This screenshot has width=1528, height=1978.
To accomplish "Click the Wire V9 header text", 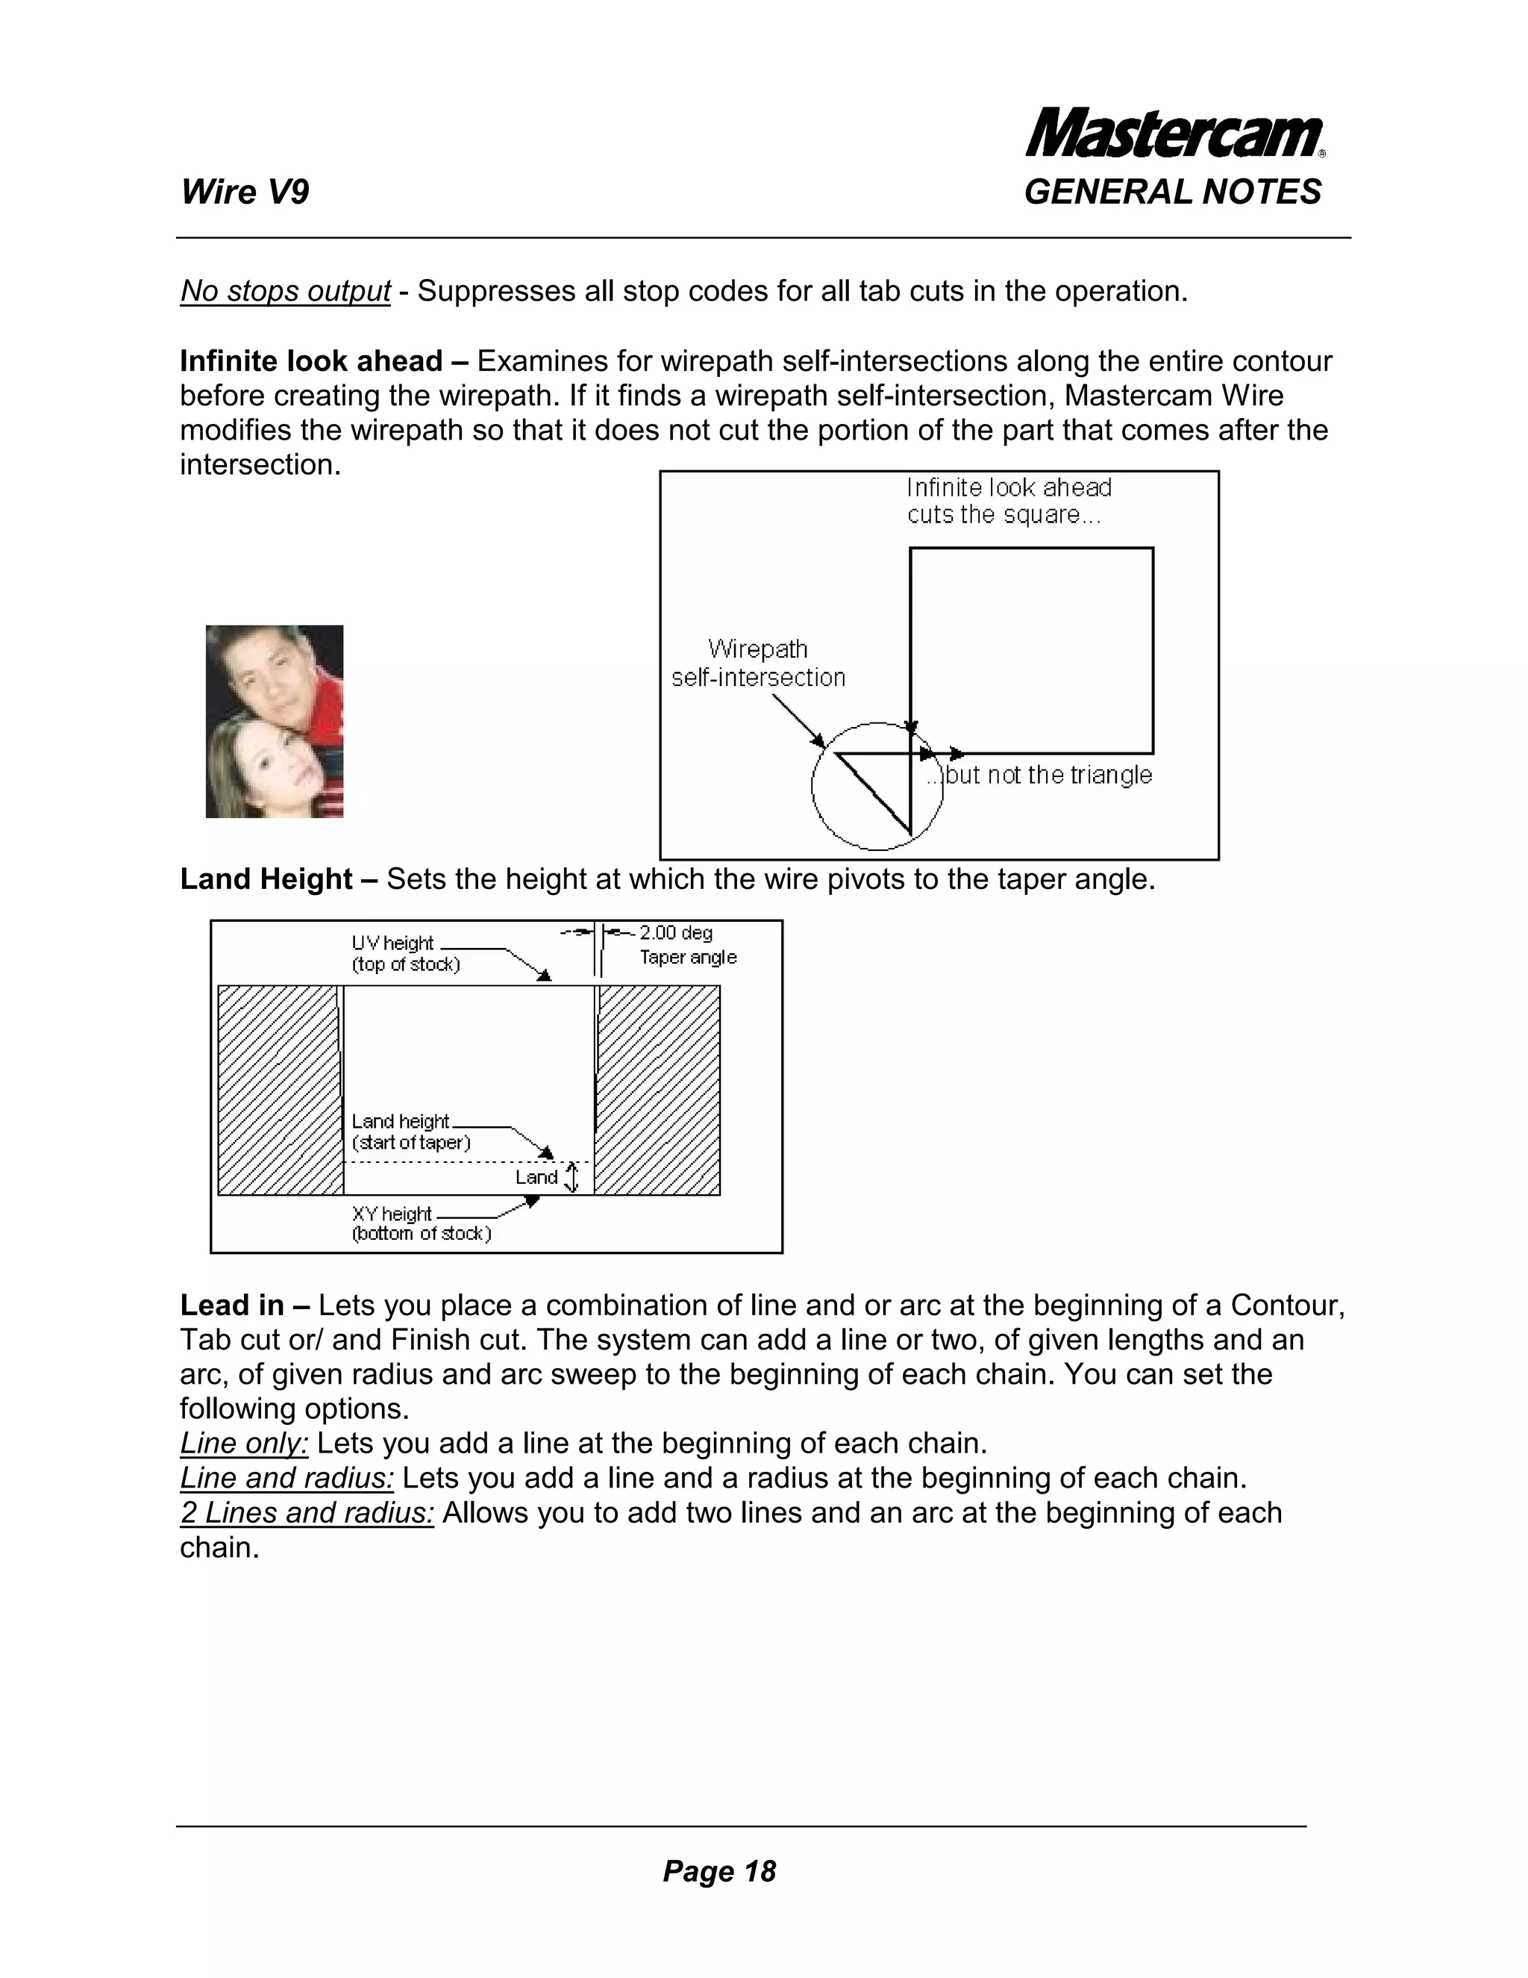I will [245, 192].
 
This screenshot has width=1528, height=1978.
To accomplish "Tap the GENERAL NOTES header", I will [1172, 192].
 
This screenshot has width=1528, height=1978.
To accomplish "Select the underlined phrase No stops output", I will [285, 292].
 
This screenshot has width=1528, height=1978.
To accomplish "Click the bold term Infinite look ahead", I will [310, 361].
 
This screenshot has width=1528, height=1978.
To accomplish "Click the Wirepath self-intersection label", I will [758, 663].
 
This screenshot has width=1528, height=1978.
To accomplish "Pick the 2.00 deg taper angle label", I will [687, 945].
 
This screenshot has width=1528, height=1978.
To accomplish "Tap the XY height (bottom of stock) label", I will [420, 1223].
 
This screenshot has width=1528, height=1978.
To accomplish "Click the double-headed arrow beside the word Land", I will [572, 1177].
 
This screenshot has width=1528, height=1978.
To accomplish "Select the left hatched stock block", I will [279, 1090].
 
